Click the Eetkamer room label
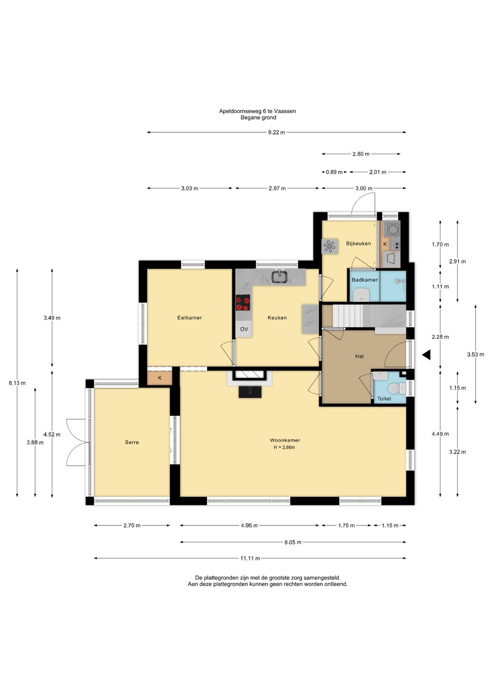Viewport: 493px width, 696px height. point(189,317)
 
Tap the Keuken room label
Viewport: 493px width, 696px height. point(277,317)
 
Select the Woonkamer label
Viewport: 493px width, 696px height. point(284,440)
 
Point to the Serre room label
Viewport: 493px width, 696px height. point(132,442)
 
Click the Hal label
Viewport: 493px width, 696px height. point(359,356)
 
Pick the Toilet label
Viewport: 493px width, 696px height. point(384,399)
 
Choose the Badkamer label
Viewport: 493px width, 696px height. point(365,280)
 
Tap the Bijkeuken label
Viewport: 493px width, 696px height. point(358,243)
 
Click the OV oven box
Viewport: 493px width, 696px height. point(244,329)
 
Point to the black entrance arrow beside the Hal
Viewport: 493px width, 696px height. point(426,354)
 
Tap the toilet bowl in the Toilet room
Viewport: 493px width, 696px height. point(394,388)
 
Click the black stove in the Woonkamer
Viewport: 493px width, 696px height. point(250,392)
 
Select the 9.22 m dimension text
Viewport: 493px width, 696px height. point(277,132)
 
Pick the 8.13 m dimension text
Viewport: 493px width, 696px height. point(17,383)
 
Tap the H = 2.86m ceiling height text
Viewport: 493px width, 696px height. point(284,447)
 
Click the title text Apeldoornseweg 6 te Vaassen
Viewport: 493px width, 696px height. point(257,111)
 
